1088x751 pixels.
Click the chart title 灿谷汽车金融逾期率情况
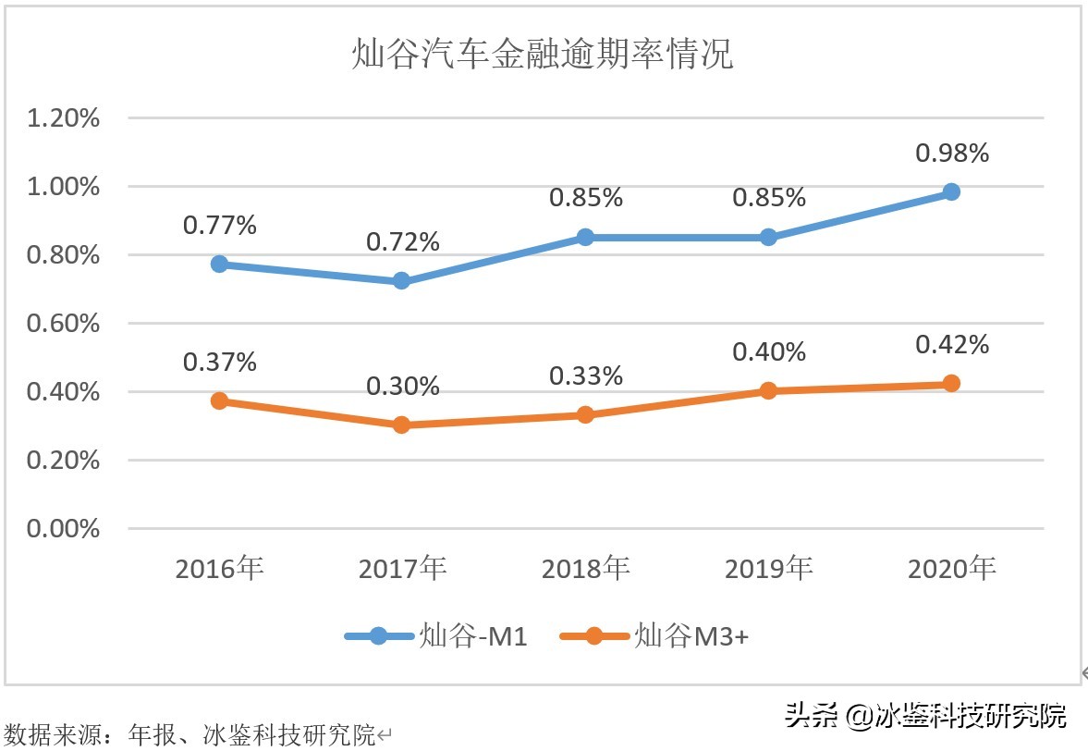pos(543,55)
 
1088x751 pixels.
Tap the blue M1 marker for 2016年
pos(219,264)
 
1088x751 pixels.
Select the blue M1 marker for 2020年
pos(951,191)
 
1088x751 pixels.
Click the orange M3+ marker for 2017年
pos(402,425)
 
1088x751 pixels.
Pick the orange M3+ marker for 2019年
pos(768,390)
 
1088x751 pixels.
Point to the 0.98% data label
pos(952,153)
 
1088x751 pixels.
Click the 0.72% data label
pos(402,242)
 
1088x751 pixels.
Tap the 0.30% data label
pos(402,387)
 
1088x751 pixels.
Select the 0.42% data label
pos(952,345)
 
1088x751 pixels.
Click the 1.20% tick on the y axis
pos(64,118)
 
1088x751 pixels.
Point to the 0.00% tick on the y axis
pos(64,528)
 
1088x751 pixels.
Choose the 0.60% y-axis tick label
pos(64,324)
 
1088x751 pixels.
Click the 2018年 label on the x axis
pos(585,568)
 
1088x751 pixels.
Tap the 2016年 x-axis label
pos(219,568)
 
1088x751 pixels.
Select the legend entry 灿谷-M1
pos(436,636)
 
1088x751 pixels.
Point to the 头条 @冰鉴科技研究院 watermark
pos(925,715)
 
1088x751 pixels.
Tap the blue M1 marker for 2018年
pos(585,237)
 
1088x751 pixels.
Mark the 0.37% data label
pos(219,363)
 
